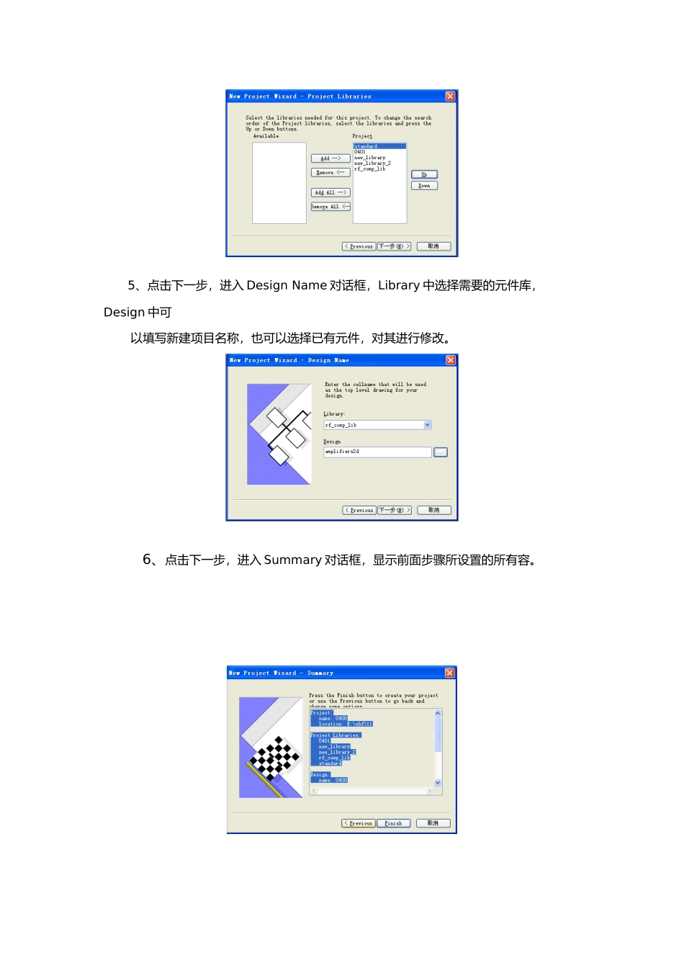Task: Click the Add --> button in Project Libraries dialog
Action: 330,158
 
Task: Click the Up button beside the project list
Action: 424,174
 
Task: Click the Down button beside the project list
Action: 424,186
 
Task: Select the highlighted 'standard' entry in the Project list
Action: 366,146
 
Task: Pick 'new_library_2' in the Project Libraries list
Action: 372,163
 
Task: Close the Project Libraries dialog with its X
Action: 450,97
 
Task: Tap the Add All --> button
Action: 330,192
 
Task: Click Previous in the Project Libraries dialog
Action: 359,246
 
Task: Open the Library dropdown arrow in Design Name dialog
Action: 427,425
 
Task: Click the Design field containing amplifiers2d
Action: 377,452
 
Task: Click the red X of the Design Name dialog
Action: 451,360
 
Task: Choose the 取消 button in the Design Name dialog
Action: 433,510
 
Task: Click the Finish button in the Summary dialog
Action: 393,823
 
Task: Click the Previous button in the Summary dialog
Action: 359,823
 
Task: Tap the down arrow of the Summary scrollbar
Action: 438,782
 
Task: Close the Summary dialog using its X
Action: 450,673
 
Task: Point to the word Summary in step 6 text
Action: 292,560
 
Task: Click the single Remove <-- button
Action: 330,173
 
